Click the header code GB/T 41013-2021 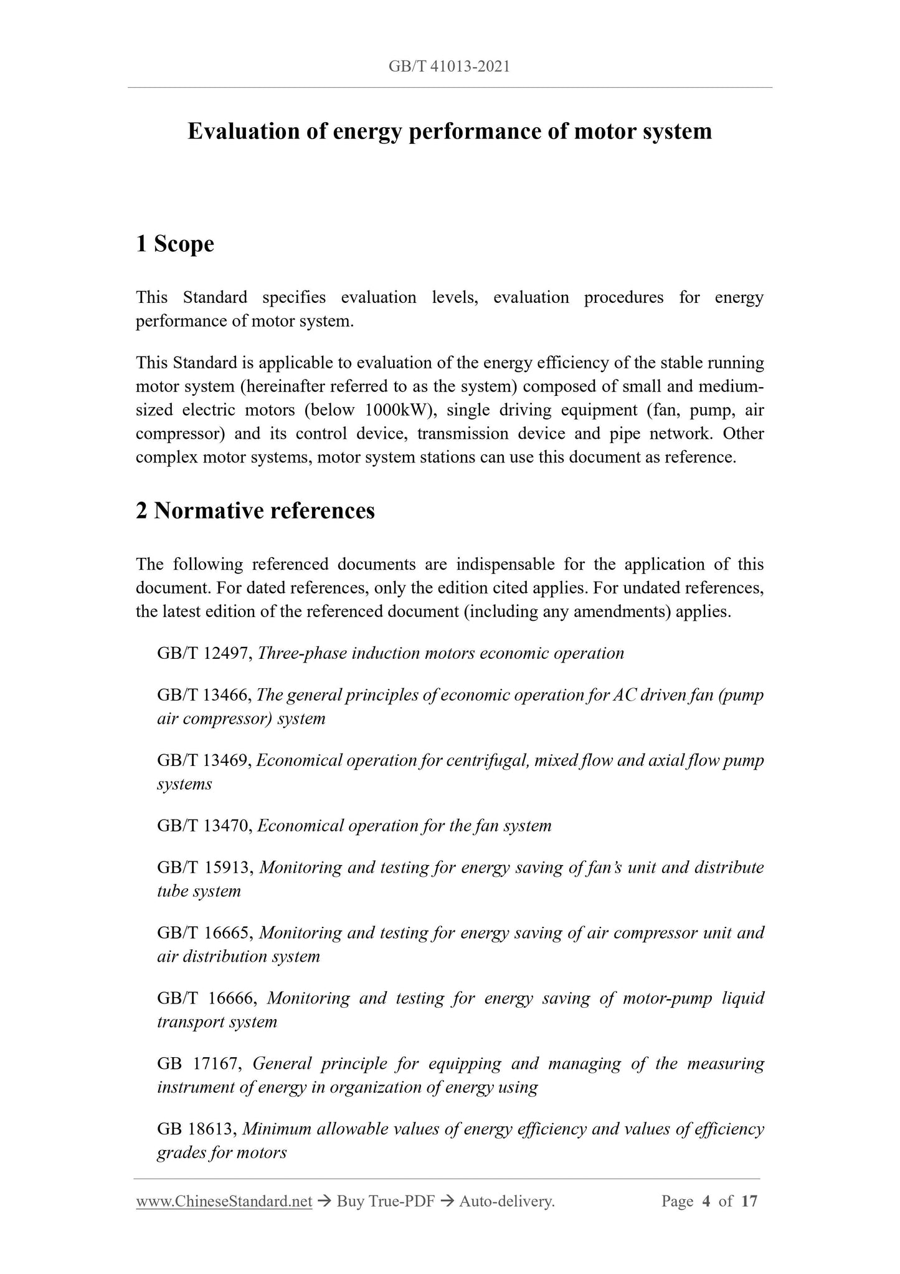[449, 67]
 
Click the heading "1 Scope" [174, 244]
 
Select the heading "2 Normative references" [255, 510]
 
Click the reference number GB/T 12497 [204, 653]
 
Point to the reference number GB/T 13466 [204, 695]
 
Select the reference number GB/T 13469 [204, 760]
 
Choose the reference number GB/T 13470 [204, 826]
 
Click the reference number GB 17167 [198, 1064]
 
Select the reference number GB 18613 [196, 1129]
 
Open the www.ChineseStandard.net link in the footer [224, 1202]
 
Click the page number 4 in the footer [706, 1201]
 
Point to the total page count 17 [749, 1201]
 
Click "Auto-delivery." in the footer [506, 1202]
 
